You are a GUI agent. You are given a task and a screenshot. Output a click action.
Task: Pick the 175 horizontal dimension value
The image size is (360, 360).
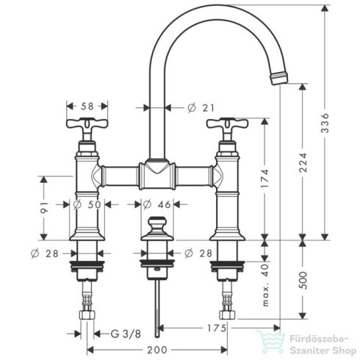[x=212, y=328]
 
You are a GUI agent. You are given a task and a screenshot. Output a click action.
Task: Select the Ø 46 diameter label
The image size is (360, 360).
[x=155, y=204]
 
